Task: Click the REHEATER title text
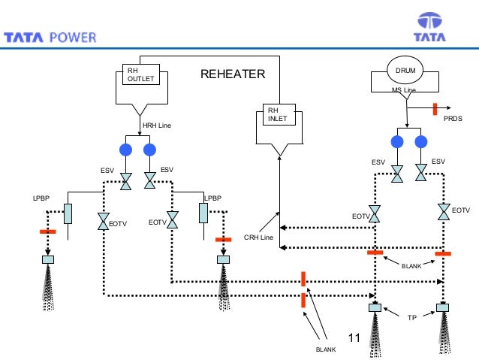233,74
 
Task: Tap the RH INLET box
279,114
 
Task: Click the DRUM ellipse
405,71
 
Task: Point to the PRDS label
453,119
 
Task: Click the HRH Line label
157,125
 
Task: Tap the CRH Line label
258,238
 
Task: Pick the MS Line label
403,90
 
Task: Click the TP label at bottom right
411,319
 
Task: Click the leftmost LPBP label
41,200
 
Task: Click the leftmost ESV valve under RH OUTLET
126,181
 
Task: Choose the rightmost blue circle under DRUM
420,142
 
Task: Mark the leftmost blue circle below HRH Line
126,149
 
